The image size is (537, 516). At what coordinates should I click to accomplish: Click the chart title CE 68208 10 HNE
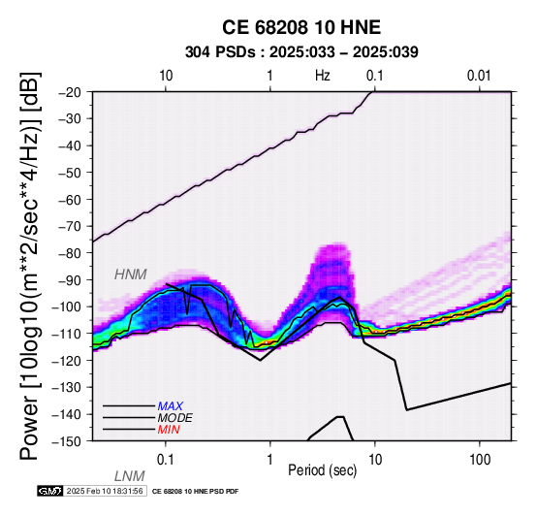301,27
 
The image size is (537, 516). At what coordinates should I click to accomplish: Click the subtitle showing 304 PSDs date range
301,52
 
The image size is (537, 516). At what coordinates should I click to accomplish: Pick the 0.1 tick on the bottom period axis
166,460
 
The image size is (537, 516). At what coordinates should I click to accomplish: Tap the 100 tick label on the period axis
480,460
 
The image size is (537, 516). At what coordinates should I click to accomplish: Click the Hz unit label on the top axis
323,76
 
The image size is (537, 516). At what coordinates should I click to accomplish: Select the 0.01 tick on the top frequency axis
479,76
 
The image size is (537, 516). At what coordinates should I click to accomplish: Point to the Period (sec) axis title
322,470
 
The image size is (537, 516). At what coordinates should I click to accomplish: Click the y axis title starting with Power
29,267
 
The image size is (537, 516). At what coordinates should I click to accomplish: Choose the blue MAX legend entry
171,406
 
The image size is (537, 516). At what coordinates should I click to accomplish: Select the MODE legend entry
175,418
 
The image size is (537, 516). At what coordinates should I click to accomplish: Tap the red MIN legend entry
169,430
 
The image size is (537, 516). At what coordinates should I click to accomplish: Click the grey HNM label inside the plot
131,274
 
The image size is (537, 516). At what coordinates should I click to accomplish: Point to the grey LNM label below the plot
130,476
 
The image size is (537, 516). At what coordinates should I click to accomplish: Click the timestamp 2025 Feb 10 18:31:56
105,491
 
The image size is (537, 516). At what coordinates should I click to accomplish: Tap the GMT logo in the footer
50,491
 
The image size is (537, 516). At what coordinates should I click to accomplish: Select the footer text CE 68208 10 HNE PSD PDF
195,492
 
